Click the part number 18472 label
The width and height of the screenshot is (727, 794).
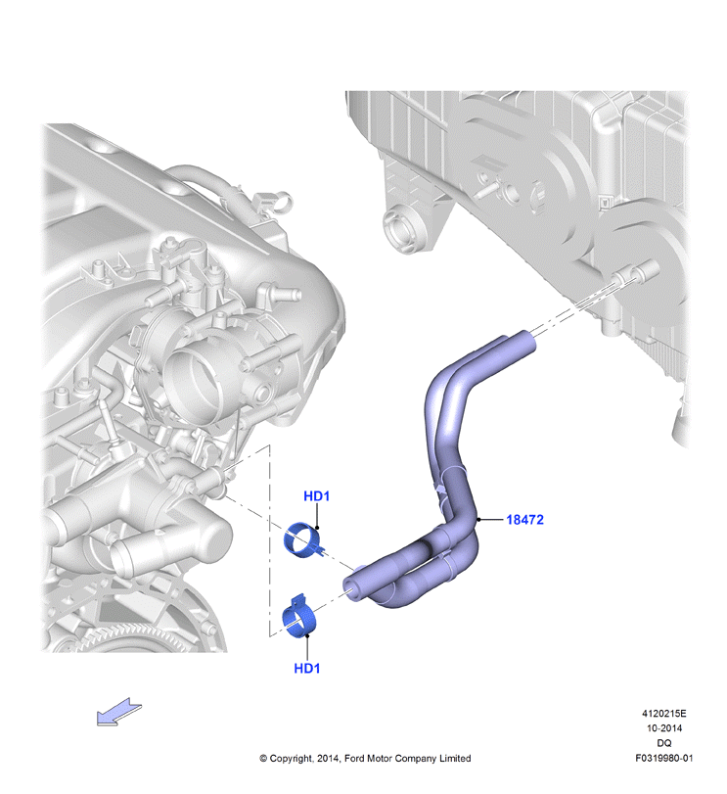(x=524, y=520)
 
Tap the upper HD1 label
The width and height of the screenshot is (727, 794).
(x=316, y=496)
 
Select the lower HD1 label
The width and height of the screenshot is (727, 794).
(x=307, y=669)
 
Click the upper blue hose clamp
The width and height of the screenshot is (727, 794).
(x=302, y=540)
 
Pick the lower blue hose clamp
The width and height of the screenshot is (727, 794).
(x=298, y=617)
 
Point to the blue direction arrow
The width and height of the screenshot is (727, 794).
(x=119, y=711)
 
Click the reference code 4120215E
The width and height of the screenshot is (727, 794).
(x=663, y=714)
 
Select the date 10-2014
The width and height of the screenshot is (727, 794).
(x=664, y=728)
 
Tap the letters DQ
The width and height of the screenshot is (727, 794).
(x=664, y=743)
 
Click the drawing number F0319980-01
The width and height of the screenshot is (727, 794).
(x=664, y=758)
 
